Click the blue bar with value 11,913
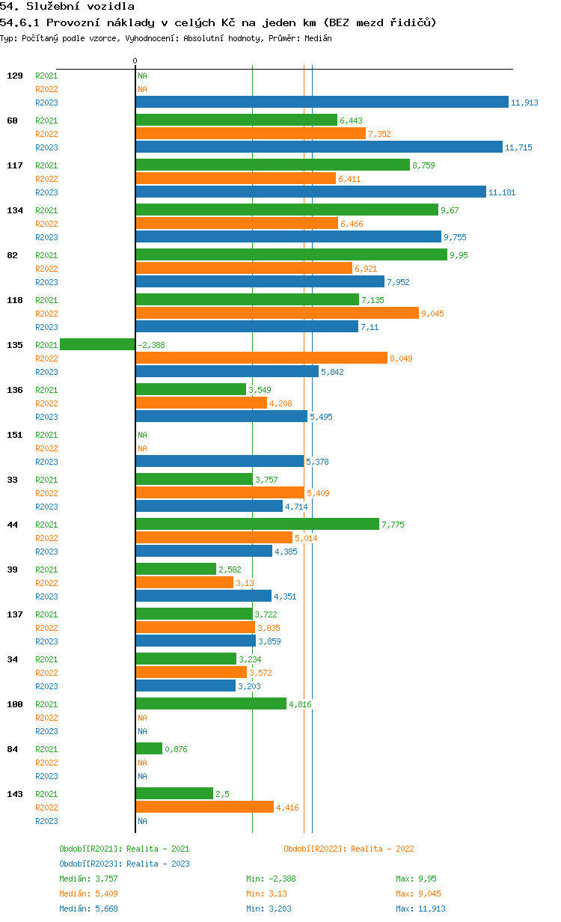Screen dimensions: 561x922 click(x=322, y=102)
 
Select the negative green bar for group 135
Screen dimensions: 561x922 click(x=97, y=344)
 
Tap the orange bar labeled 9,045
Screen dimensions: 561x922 click(x=278, y=313)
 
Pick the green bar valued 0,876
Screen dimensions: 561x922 click(x=149, y=748)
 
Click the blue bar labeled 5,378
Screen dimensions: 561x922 click(x=220, y=461)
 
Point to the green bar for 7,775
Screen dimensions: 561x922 click(x=257, y=524)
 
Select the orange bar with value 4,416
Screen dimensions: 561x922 click(x=205, y=807)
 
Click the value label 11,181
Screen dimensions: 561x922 click(x=502, y=192)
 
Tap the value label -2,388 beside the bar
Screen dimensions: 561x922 click(x=151, y=345)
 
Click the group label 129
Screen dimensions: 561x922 click(x=15, y=76)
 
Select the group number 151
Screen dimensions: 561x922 click(x=15, y=435)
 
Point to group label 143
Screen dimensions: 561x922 click(x=15, y=794)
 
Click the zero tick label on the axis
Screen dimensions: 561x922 click(x=135, y=61)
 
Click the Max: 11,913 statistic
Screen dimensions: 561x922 click(x=420, y=909)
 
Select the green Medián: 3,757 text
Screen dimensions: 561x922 click(x=88, y=879)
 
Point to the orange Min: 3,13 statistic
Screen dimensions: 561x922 click(x=266, y=894)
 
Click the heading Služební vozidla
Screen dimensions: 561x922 click(x=80, y=6)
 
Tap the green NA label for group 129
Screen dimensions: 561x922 click(x=142, y=76)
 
